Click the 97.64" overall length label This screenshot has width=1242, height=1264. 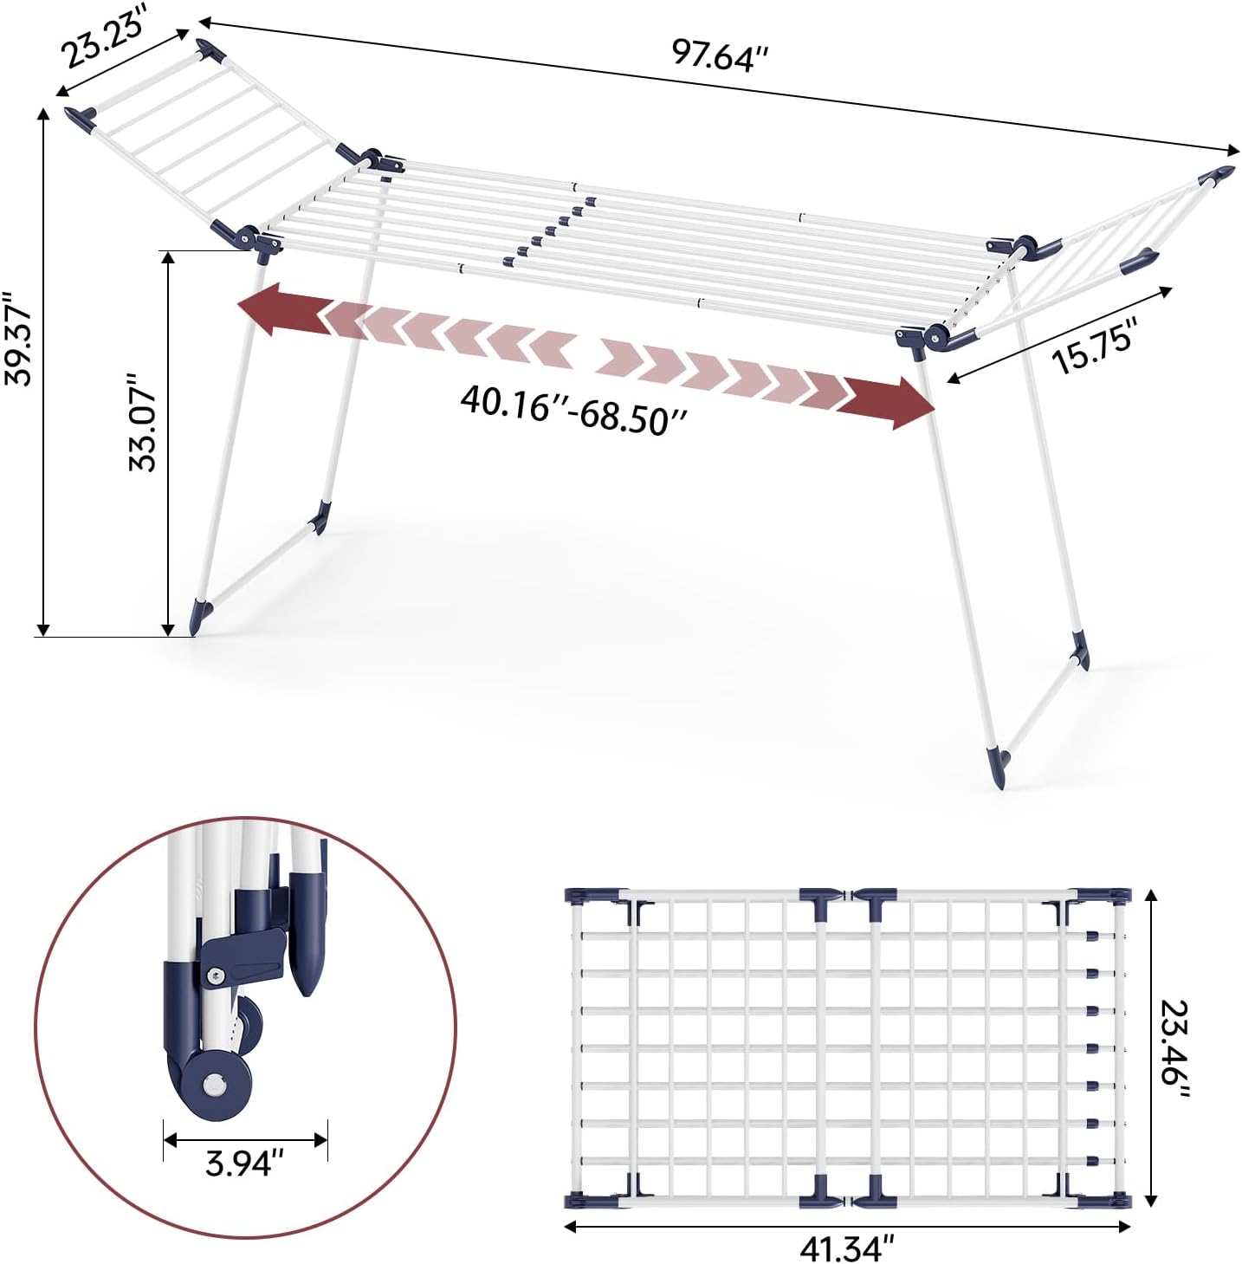point(720,55)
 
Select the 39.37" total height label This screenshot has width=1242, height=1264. point(17,338)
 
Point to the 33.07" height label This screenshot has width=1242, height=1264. point(142,422)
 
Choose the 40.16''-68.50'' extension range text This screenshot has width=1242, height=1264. point(573,409)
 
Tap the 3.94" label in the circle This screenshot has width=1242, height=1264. point(244,1163)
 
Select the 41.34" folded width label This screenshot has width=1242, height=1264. point(847,1247)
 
